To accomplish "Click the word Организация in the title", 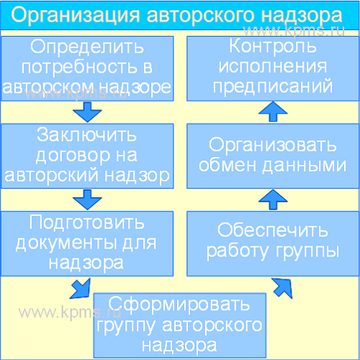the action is tap(76, 16).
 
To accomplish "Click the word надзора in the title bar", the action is tap(302, 16).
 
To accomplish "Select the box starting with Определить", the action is tap(87, 68).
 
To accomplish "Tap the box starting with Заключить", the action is tap(87, 156).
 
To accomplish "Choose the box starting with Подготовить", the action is tap(87, 243).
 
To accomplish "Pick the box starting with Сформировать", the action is tap(180, 325).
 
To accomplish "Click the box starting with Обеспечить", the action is tap(273, 243).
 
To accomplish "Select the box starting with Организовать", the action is tap(273, 156).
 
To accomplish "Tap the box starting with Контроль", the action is tap(273, 68).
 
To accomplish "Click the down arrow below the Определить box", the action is tap(87, 112).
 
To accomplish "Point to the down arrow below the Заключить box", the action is tap(87, 199).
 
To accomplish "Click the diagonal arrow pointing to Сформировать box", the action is tap(81, 289).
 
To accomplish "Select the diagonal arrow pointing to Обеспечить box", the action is tap(282, 288).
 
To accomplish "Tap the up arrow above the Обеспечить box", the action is tap(273, 199).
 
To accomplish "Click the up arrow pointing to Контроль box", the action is tap(273, 112).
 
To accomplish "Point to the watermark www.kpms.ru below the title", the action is tap(294, 31).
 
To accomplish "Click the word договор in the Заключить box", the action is tap(73, 156).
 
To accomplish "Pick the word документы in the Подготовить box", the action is tap(67, 243).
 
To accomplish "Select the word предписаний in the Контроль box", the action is tap(273, 86).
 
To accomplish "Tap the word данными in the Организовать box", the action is tap(304, 166).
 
